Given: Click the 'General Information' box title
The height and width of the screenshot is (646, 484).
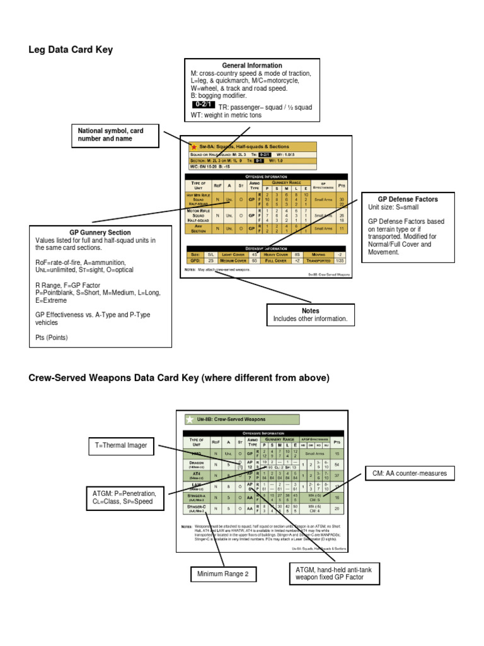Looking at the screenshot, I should pyautogui.click(x=251, y=66).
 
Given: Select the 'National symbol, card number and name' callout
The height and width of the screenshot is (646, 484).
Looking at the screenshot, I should pyautogui.click(x=110, y=134).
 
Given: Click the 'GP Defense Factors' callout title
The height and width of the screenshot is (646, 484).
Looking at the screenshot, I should pyautogui.click(x=407, y=199).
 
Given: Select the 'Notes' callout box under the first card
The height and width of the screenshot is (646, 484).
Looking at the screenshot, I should pyautogui.click(x=310, y=315).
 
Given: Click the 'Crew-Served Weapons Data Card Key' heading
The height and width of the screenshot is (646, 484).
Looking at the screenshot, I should pyautogui.click(x=179, y=378).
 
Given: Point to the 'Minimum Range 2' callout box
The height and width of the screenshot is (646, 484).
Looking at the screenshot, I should pyautogui.click(x=224, y=573).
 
